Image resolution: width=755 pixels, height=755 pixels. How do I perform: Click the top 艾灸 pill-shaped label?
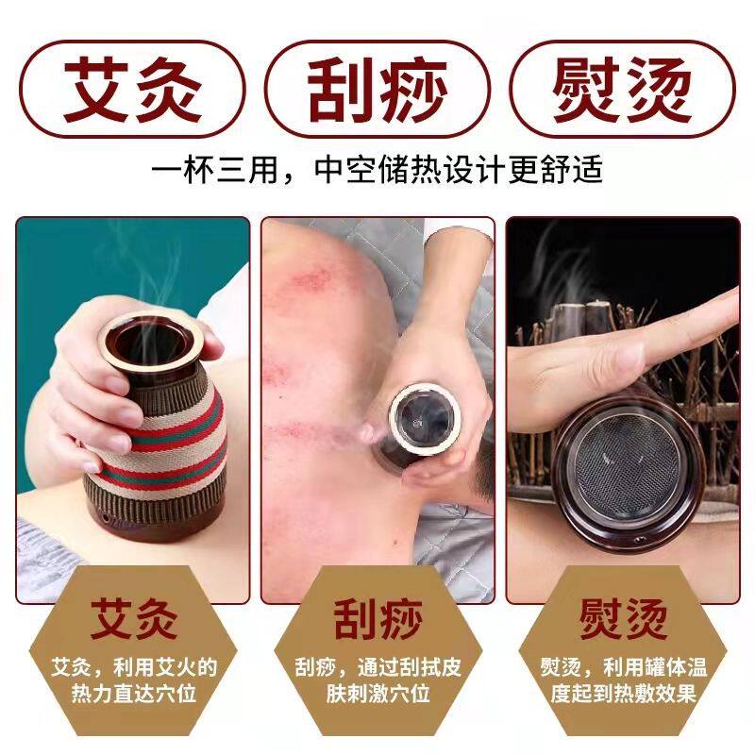132,90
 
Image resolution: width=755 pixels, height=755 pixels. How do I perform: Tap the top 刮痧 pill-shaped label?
377,90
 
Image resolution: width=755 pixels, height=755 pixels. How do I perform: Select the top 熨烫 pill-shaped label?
623,90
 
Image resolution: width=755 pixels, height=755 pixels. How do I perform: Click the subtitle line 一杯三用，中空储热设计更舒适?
377,172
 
